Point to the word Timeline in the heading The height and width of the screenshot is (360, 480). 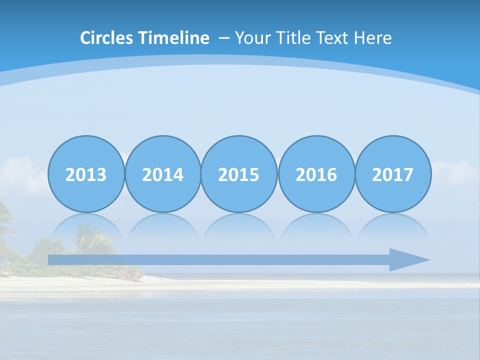(x=174, y=38)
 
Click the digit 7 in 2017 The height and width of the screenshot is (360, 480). (x=408, y=175)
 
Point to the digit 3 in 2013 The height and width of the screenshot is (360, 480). (x=101, y=175)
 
